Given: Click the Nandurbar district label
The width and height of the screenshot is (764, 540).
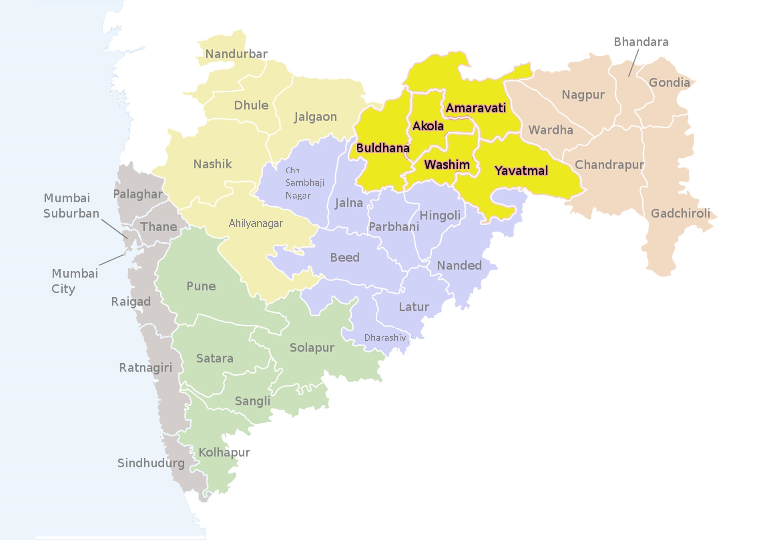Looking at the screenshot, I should click(x=236, y=54).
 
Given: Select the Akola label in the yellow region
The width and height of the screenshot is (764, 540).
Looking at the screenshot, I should click(x=428, y=126).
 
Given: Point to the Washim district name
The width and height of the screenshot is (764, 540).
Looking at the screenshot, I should click(x=447, y=164).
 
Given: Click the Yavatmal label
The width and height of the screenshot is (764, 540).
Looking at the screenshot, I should click(x=521, y=171).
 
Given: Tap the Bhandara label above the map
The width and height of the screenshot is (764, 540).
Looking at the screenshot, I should click(x=641, y=42).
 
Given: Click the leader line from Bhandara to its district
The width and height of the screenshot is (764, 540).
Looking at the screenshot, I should click(x=633, y=63).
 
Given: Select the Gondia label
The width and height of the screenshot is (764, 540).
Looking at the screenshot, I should click(x=669, y=83).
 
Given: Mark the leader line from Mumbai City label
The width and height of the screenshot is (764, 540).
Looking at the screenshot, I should click(x=112, y=260).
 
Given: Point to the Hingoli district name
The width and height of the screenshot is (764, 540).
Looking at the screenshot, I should click(x=440, y=216).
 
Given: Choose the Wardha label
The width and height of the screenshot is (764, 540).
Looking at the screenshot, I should click(x=551, y=130).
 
